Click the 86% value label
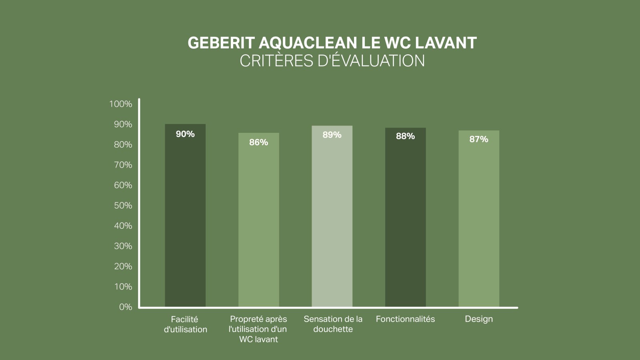click(x=258, y=142)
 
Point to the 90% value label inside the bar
click(x=185, y=134)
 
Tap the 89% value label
click(x=332, y=135)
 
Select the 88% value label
click(x=405, y=136)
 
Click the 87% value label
click(x=478, y=139)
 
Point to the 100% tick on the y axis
click(x=120, y=104)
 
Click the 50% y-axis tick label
click(x=123, y=206)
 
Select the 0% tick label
click(x=125, y=307)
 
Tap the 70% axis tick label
click(x=123, y=165)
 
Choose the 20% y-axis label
click(x=123, y=266)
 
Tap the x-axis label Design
click(x=478, y=319)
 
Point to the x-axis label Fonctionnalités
click(x=405, y=319)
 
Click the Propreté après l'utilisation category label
click(x=258, y=329)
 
